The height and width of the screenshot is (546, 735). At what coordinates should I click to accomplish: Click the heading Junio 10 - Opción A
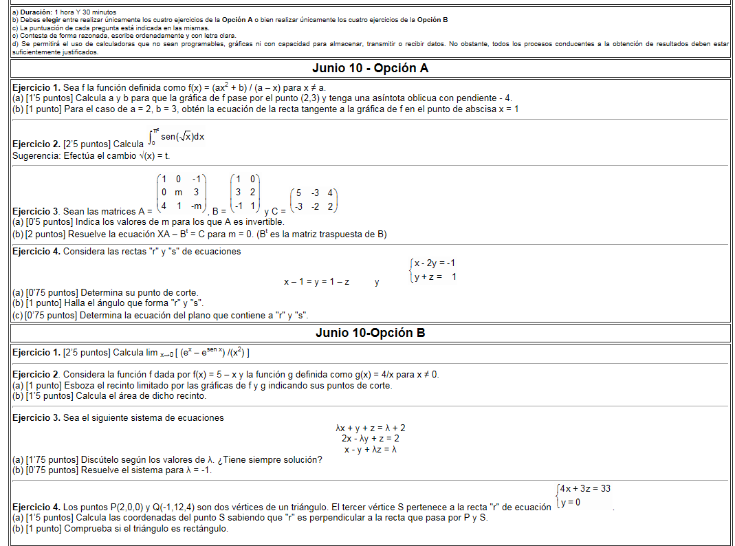[x=370, y=68]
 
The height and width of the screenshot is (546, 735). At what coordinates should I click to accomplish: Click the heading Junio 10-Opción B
[x=370, y=333]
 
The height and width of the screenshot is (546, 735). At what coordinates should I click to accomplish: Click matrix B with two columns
[x=244, y=193]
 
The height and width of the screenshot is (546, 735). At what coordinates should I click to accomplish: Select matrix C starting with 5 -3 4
[x=314, y=200]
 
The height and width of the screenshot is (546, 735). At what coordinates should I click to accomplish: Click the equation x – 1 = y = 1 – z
[x=316, y=282]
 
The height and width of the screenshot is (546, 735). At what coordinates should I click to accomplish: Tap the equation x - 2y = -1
[x=434, y=263]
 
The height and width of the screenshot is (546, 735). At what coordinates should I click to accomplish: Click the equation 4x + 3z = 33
[x=584, y=489]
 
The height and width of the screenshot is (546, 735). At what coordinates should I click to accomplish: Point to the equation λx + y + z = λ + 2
[x=370, y=428]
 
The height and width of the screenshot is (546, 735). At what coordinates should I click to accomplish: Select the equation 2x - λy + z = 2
[x=370, y=438]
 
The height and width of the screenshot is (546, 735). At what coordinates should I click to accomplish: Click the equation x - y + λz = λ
[x=370, y=449]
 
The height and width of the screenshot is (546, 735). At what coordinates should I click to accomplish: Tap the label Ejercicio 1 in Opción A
[x=36, y=88]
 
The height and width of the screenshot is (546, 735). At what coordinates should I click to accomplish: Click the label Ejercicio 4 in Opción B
[x=36, y=507]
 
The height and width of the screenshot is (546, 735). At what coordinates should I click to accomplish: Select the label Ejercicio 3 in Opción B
[x=36, y=417]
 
